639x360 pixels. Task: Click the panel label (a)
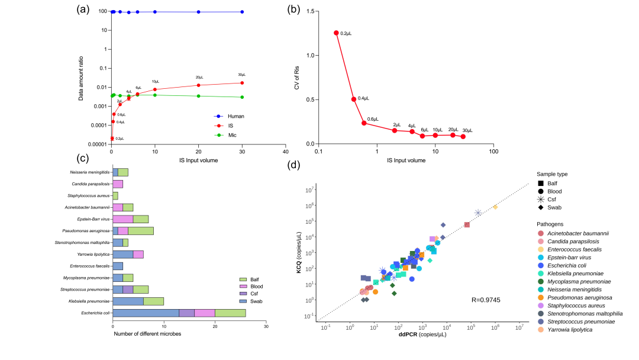(84, 9)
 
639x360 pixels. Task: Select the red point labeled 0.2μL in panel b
(336, 33)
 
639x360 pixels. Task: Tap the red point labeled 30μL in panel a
(242, 82)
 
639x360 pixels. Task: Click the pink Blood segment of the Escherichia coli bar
(204, 313)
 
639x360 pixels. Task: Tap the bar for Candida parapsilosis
(118, 184)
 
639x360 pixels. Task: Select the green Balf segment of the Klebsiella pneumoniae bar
(154, 301)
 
